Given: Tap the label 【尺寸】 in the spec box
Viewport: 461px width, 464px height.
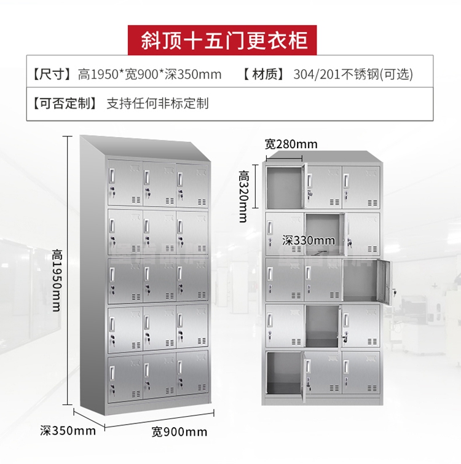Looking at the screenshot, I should [51, 75].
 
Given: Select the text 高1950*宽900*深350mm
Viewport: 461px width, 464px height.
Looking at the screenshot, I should [149, 75].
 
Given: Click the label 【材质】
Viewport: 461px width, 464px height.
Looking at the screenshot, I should [263, 75].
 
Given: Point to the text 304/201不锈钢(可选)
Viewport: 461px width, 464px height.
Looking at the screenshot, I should [353, 75].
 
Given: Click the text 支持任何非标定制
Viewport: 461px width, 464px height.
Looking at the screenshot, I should [158, 103].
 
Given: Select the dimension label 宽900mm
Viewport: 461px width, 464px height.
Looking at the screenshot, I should [179, 431].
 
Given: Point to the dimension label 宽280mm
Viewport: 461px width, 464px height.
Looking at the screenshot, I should [291, 144].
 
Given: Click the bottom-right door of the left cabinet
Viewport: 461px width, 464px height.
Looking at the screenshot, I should [192, 374].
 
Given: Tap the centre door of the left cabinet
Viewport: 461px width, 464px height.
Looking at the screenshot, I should [159, 279].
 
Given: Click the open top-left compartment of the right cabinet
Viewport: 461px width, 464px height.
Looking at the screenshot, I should [284, 184].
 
